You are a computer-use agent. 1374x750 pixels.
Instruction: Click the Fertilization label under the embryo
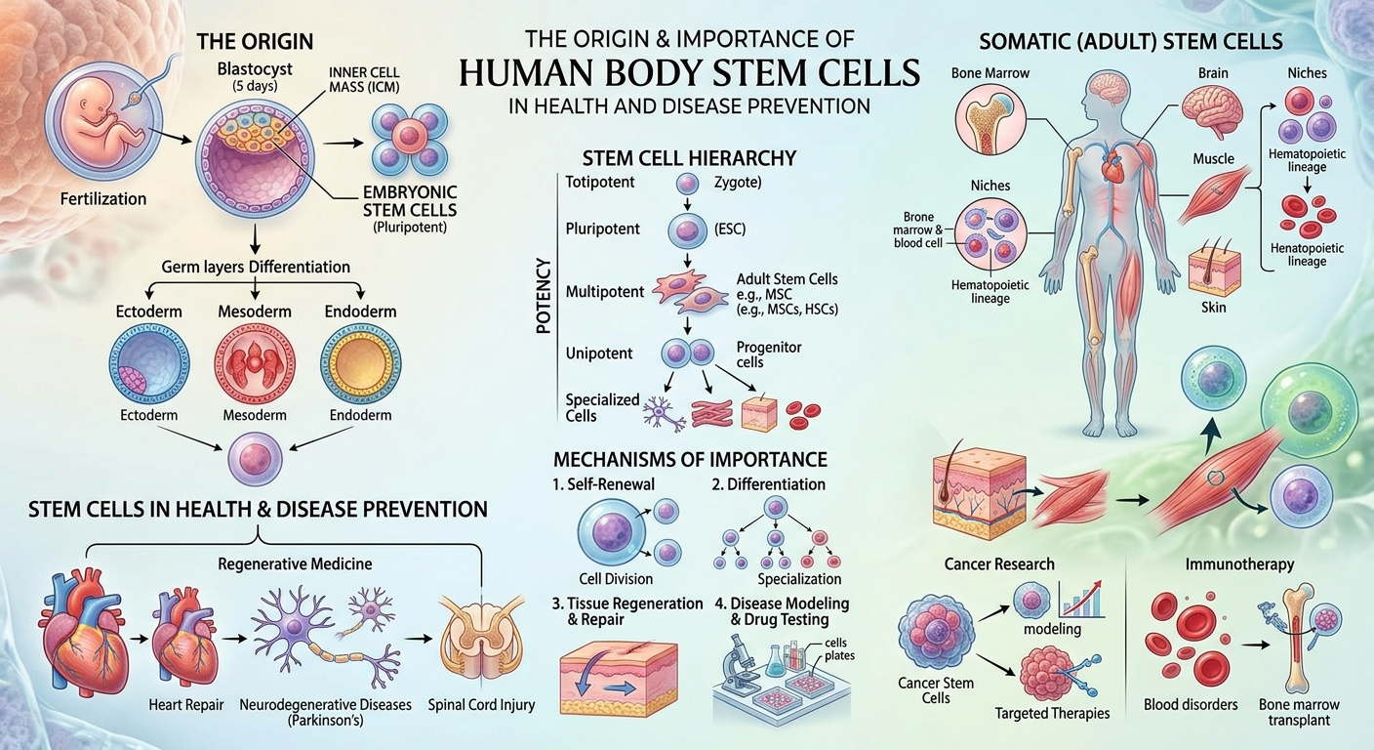[103, 199]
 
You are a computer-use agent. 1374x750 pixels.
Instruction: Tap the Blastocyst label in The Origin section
[255, 69]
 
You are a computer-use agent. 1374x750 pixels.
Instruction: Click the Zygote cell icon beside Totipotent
[687, 184]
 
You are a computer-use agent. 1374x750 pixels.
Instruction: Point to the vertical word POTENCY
[544, 296]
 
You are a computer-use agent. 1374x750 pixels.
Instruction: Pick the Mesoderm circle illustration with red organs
[254, 362]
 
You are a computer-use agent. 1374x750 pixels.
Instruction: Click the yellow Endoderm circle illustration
[361, 362]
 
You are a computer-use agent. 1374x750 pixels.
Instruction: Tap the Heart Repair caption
[185, 704]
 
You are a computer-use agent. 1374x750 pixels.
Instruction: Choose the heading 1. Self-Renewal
[603, 484]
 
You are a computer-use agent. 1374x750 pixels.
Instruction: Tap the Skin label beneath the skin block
[1213, 307]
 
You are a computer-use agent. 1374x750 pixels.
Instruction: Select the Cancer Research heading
[999, 564]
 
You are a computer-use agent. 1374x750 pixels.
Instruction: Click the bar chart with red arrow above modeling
[1081, 599]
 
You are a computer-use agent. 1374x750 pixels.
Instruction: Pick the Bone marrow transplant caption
[1299, 712]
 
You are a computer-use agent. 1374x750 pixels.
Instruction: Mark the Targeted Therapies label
[1052, 713]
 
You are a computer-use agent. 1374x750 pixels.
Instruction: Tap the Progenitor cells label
[769, 354]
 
